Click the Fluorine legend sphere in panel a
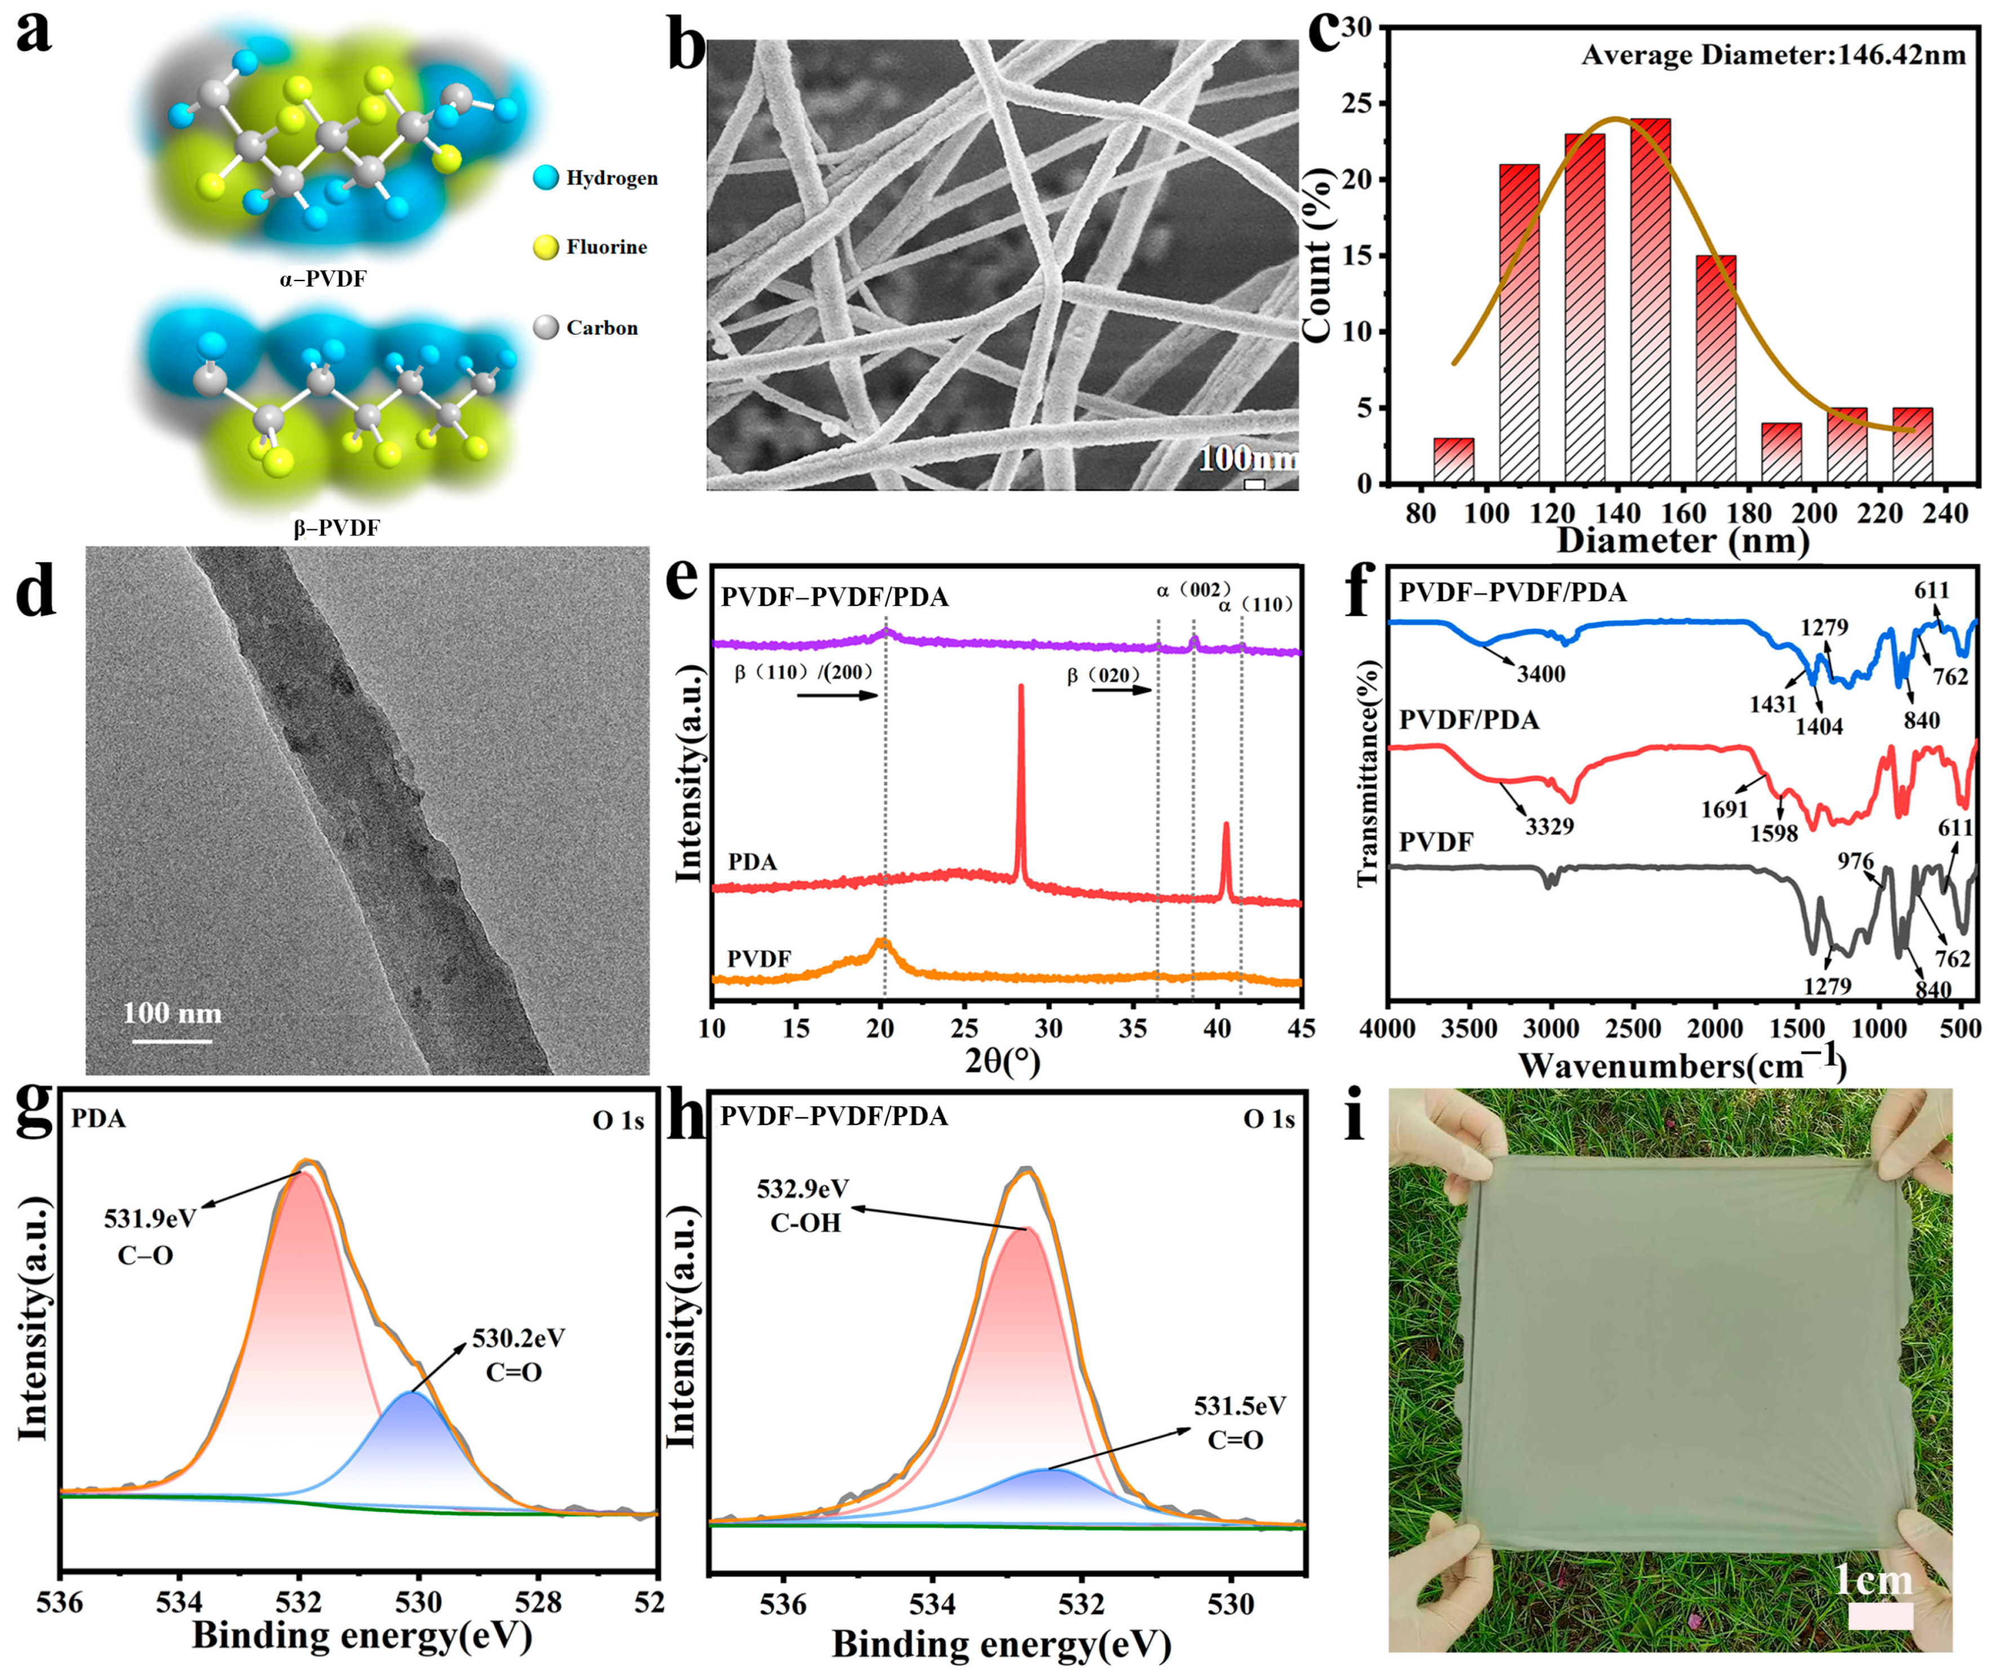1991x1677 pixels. [x=545, y=247]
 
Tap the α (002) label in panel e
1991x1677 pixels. [x=1194, y=591]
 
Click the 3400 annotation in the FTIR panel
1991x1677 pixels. [x=1540, y=674]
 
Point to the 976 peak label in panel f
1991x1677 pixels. [x=1855, y=861]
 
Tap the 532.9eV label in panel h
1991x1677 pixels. [x=803, y=1190]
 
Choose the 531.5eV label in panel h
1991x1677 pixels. [x=1239, y=1406]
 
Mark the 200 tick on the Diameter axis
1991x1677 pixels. [x=1814, y=514]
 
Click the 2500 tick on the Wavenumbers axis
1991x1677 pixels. [x=1634, y=1028]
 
